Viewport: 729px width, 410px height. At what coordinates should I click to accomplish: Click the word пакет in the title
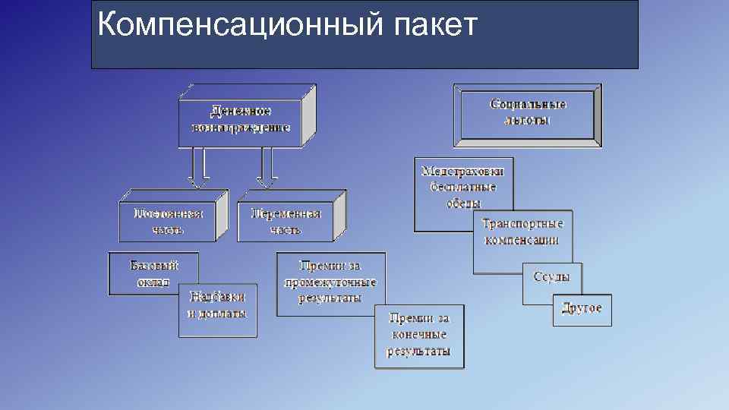pyautogui.click(x=437, y=25)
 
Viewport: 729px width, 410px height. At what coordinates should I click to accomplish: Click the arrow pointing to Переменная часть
pyautogui.click(x=267, y=167)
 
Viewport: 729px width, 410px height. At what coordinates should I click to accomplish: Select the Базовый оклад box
pyautogui.click(x=153, y=273)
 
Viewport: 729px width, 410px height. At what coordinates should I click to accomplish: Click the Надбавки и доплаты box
pyautogui.click(x=218, y=311)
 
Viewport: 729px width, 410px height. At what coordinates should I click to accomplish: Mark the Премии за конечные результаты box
pyautogui.click(x=419, y=336)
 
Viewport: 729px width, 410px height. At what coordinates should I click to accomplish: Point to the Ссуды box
pyautogui.click(x=552, y=278)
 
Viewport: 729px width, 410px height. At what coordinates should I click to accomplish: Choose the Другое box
pyautogui.click(x=582, y=308)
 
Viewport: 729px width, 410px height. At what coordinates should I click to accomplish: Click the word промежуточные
pyautogui.click(x=330, y=282)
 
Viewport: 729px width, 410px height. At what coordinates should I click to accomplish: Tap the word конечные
pyautogui.click(x=419, y=335)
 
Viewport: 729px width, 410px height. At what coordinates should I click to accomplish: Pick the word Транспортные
pyautogui.click(x=523, y=224)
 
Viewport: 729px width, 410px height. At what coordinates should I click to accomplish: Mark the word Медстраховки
pyautogui.click(x=463, y=171)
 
